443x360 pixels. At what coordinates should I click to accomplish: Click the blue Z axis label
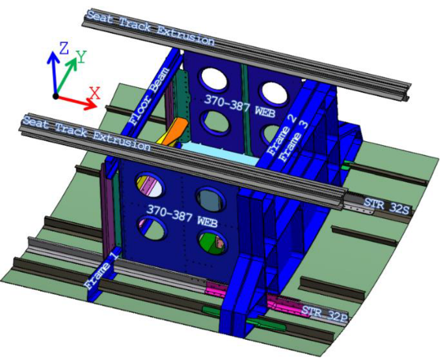click(x=64, y=49)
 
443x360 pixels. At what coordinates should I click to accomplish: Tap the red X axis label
click(x=95, y=93)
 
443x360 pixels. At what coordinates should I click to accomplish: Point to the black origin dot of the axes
click(x=56, y=96)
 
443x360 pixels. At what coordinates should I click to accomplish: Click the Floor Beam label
click(x=150, y=96)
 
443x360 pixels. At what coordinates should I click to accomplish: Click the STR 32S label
click(x=386, y=206)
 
